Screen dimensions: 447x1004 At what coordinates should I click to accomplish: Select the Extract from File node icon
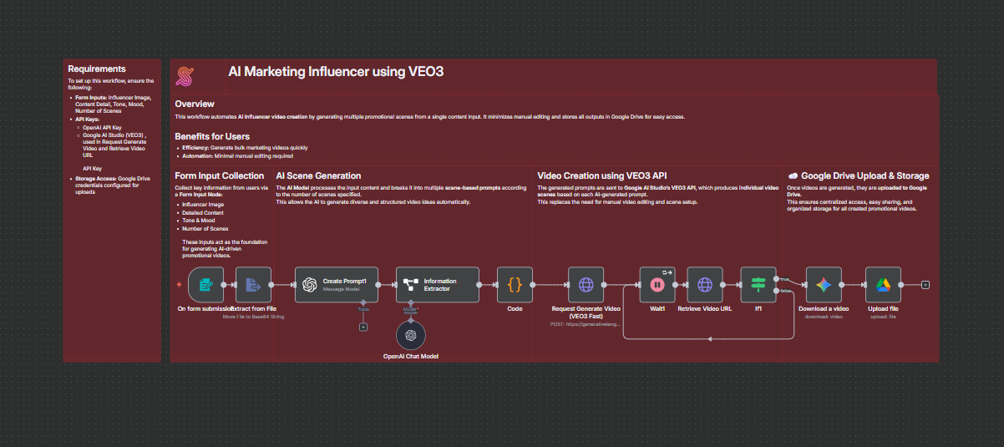(x=254, y=285)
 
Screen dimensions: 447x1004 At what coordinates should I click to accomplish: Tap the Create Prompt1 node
(x=337, y=285)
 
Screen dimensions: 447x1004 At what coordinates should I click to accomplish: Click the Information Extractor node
(x=438, y=285)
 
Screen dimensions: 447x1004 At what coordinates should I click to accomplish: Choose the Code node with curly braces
(x=515, y=285)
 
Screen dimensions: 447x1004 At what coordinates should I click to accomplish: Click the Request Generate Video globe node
(x=586, y=285)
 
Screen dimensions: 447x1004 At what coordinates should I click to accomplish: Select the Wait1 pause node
(x=657, y=285)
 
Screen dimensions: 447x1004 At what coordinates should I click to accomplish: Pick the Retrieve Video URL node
(x=705, y=285)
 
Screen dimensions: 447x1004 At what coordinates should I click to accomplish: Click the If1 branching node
(x=758, y=285)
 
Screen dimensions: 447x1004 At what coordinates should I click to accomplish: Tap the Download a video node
(x=824, y=285)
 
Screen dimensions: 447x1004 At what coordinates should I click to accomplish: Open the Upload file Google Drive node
(x=883, y=285)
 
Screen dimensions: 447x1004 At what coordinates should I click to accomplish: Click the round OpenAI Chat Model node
(x=410, y=335)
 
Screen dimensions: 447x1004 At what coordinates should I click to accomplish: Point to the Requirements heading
(x=97, y=69)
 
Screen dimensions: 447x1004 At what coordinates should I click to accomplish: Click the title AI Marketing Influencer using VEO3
(x=336, y=72)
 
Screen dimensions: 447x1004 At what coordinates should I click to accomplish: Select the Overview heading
(x=195, y=104)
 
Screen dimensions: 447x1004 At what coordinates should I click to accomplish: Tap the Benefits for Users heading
(x=212, y=136)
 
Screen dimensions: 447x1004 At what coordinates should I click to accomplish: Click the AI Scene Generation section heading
(x=318, y=176)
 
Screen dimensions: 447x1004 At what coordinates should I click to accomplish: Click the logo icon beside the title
(x=185, y=76)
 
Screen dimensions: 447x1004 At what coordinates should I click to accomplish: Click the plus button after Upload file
(x=925, y=285)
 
